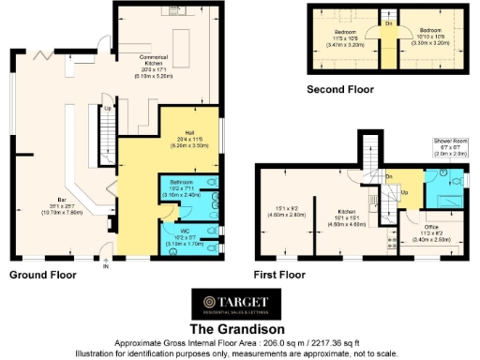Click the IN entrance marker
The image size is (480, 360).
(x=106, y=266)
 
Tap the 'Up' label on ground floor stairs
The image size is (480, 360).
(x=107, y=108)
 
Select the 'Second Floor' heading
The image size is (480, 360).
(x=340, y=89)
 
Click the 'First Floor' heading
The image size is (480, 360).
(x=280, y=276)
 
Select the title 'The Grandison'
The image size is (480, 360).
(x=239, y=329)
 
